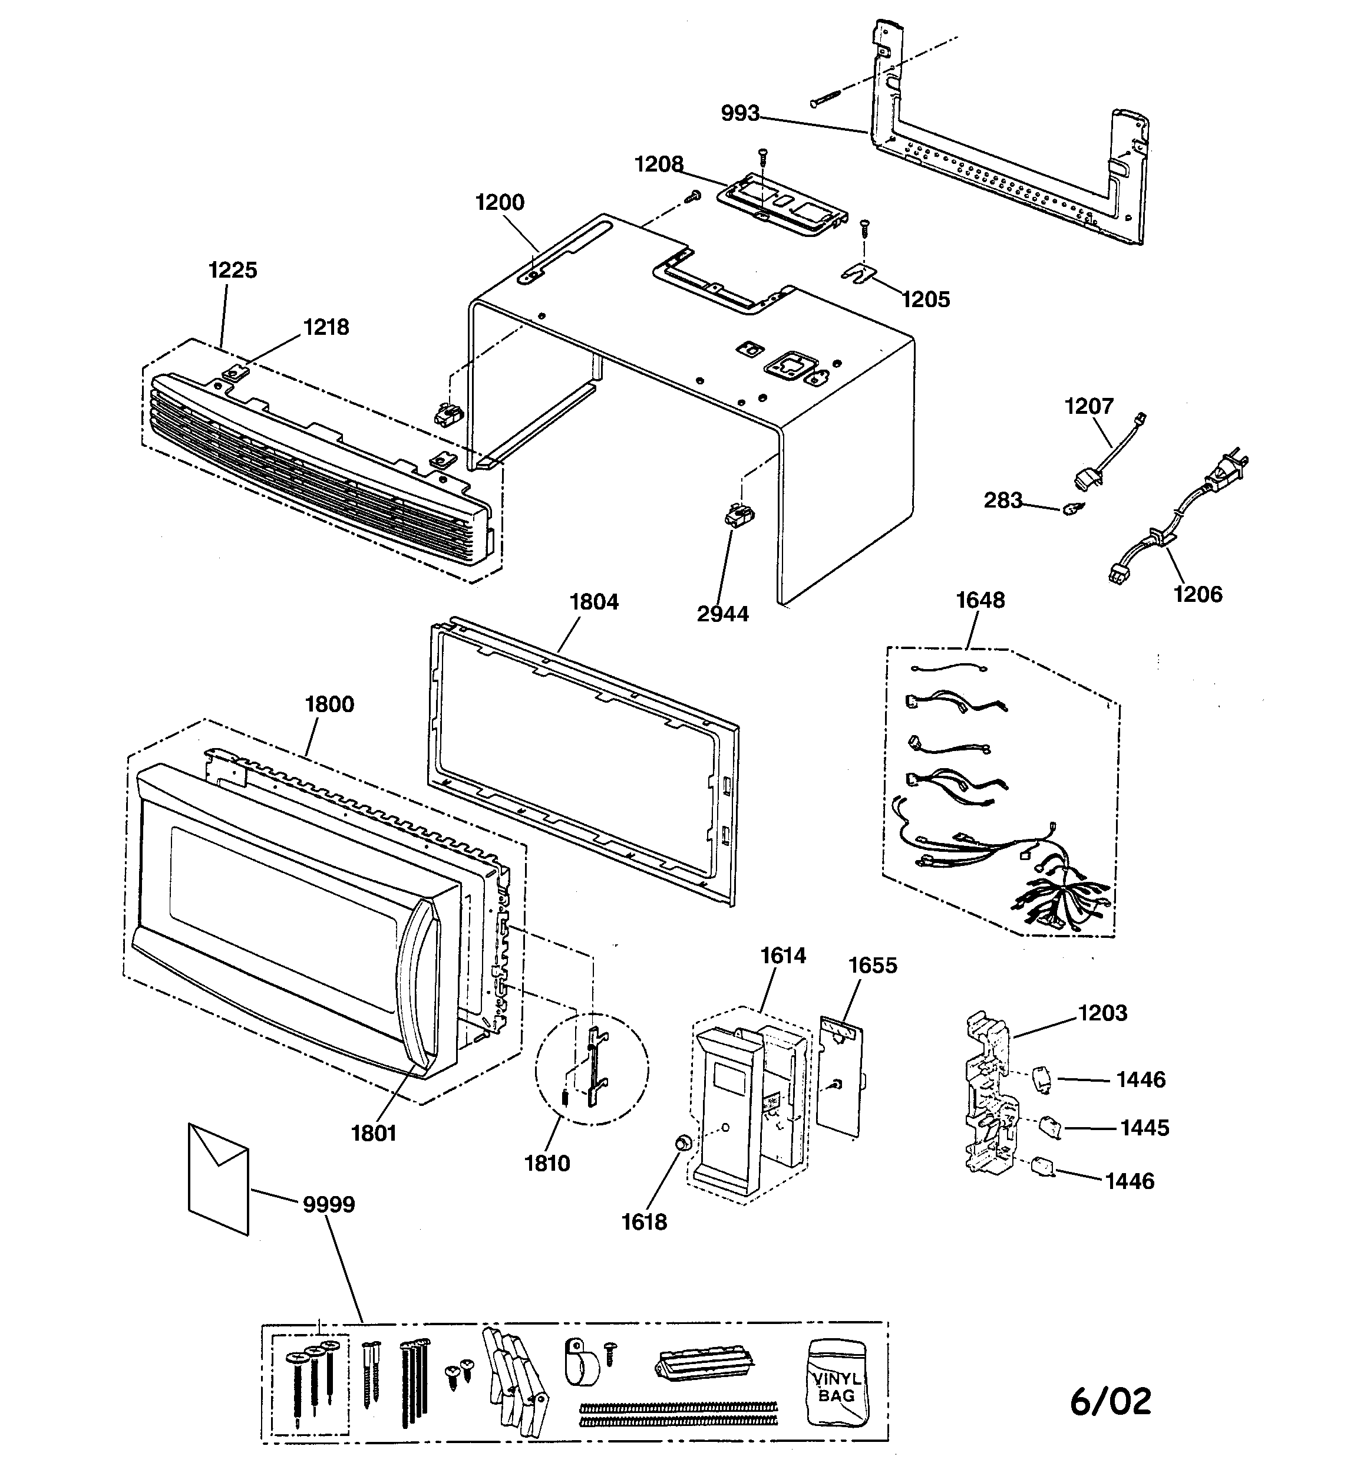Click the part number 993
pos(739,114)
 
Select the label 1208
pos(659,164)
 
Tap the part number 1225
pos(233,270)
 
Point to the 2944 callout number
pos(723,614)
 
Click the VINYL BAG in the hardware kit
pos(837,1384)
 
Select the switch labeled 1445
pos(1051,1127)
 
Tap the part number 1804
pos(595,602)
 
